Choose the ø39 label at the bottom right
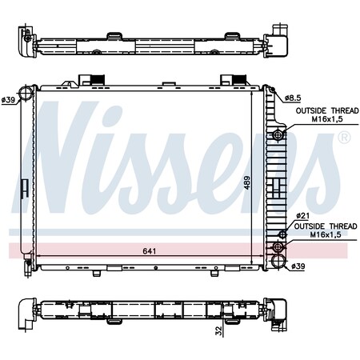[x=298, y=266]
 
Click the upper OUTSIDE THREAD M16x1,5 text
[x=323, y=117]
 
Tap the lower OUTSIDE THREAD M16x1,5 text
[x=323, y=231]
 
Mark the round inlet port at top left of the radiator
[x=26, y=94]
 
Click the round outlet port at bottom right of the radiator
[x=278, y=261]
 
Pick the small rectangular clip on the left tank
[x=26, y=188]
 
